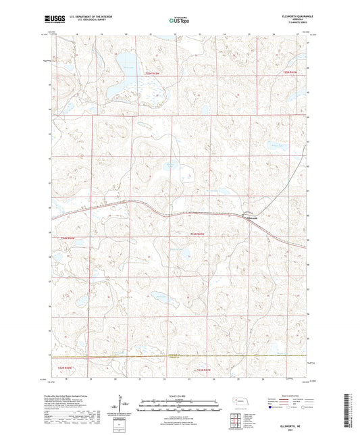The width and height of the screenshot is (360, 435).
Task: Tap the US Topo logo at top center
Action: (177, 21)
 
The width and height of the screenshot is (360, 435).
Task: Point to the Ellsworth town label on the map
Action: (251, 217)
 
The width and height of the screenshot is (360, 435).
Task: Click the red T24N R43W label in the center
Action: (197, 233)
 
